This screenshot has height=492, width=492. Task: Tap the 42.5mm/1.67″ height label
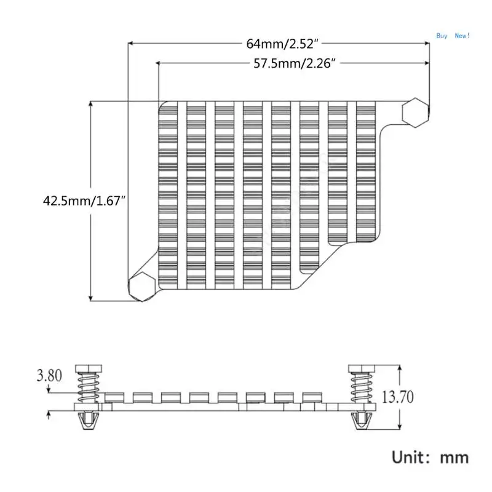[84, 201]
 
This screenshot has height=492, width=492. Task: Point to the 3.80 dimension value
[49, 375]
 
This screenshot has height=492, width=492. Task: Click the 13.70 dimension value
[397, 397]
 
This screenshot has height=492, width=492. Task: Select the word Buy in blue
[442, 36]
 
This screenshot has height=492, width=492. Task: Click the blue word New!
[462, 36]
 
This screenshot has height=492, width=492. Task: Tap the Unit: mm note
[430, 457]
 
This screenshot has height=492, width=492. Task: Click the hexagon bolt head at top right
[415, 113]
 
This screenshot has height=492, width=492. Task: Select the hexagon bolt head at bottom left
[142, 287]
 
